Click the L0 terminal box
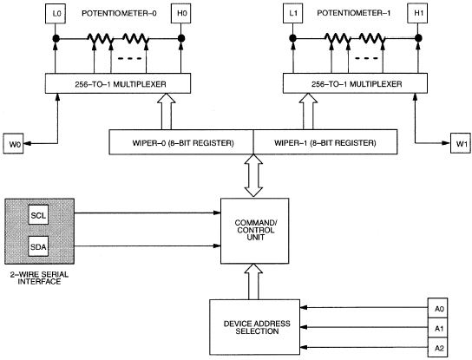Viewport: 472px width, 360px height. pyautogui.click(x=56, y=13)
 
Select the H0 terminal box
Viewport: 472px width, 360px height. pyautogui.click(x=181, y=13)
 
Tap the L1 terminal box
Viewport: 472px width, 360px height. pyautogui.click(x=293, y=13)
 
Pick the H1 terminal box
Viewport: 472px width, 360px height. pyautogui.click(x=417, y=13)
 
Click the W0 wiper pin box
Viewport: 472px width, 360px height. pyautogui.click(x=14, y=144)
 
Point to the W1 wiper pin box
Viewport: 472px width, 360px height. pyautogui.click(x=461, y=143)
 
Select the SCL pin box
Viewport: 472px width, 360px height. pyautogui.click(x=38, y=214)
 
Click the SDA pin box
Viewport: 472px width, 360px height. pyautogui.click(x=38, y=246)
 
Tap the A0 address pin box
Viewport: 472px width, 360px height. pyautogui.click(x=437, y=308)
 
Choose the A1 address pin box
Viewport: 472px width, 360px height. pyautogui.click(x=437, y=328)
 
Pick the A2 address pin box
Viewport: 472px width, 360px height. pyautogui.click(x=437, y=347)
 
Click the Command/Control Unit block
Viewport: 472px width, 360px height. pyautogui.click(x=255, y=231)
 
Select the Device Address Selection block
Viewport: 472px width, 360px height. pyautogui.click(x=255, y=328)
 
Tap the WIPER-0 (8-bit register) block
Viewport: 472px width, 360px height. pyautogui.click(x=181, y=142)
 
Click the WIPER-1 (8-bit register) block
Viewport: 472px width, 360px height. pyautogui.click(x=325, y=142)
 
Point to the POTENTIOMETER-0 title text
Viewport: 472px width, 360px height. pyautogui.click(x=119, y=14)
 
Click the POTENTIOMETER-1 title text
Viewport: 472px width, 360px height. pyautogui.click(x=354, y=13)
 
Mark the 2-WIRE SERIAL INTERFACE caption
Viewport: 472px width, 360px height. pyautogui.click(x=39, y=278)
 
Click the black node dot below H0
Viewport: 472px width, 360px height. pyautogui.click(x=181, y=38)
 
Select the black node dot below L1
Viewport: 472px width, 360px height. pyautogui.click(x=293, y=38)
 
